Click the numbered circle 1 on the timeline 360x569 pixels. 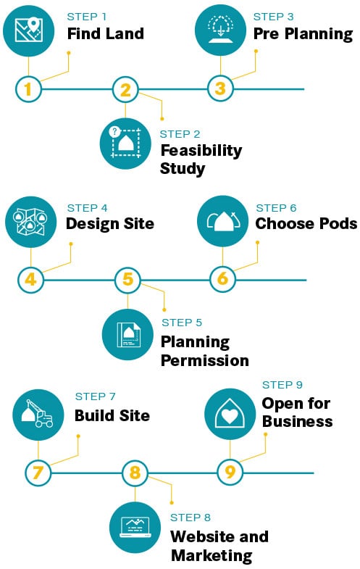tap(28, 89)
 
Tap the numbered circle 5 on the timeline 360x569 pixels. tap(127, 280)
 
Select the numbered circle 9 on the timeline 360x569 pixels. tap(230, 473)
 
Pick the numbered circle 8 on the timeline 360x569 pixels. tap(135, 473)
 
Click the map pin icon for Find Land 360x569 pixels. tap(29, 30)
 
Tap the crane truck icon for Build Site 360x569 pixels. tap(38, 415)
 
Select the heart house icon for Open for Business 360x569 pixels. tap(230, 414)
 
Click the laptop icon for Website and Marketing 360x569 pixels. tap(135, 527)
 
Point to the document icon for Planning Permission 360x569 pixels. tap(127, 335)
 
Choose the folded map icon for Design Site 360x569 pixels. tap(31, 222)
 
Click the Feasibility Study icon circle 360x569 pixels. tap(125, 144)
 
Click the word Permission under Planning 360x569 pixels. tap(205, 361)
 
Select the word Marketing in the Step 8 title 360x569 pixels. tap(212, 555)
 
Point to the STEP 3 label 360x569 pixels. tap(273, 17)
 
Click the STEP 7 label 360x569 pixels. tap(95, 396)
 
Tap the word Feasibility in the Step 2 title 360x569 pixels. tap(201, 151)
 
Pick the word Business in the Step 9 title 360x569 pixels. tap(297, 421)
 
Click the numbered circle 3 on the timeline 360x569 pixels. tap(220, 88)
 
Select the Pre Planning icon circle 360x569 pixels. tap(220, 30)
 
